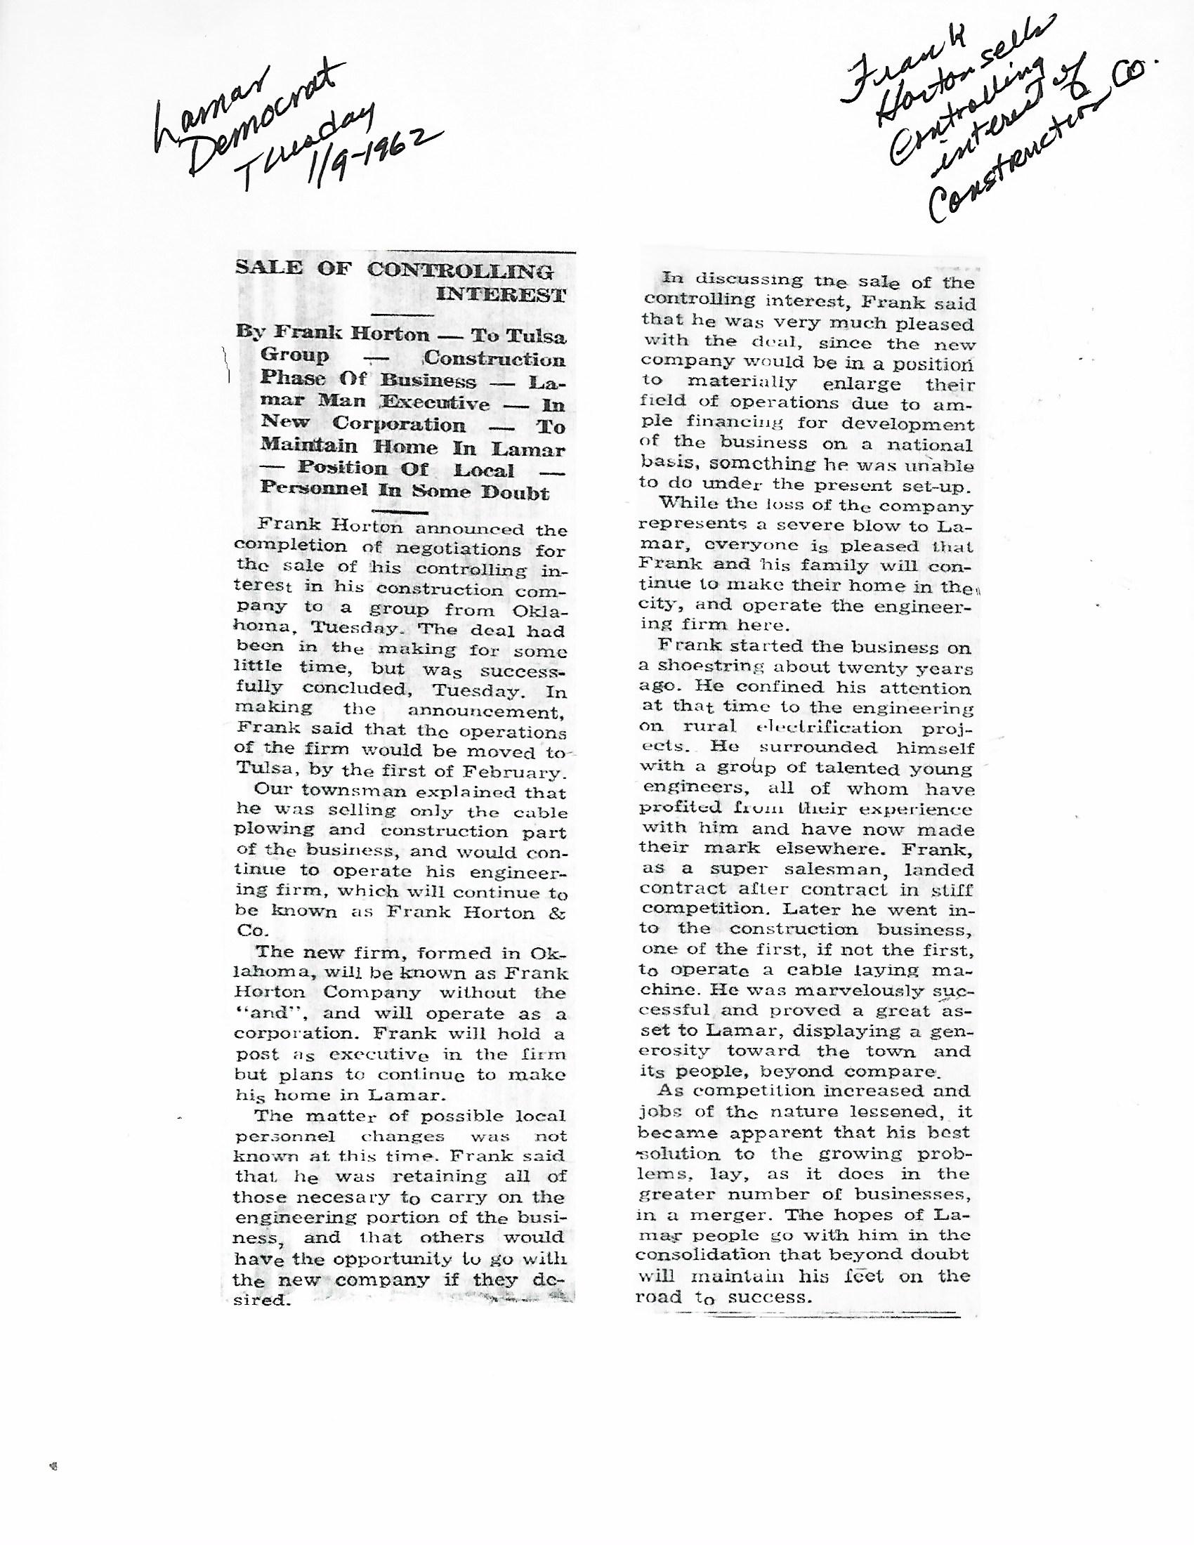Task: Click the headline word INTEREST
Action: (x=501, y=295)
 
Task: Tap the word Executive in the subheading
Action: (x=435, y=403)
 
